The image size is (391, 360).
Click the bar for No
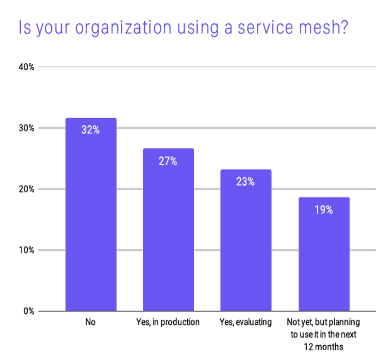click(x=91, y=215)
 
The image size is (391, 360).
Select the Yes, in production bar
click(x=168, y=230)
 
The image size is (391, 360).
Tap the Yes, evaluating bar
click(x=246, y=240)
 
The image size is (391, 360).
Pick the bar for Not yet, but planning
click(x=324, y=254)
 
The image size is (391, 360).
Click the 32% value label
click(x=90, y=130)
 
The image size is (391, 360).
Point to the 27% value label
click(x=168, y=161)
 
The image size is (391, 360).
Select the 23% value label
click(x=245, y=181)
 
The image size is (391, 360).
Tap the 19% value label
click(x=324, y=210)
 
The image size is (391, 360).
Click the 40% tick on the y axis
click(x=26, y=67)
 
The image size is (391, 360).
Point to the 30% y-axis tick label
click(x=26, y=128)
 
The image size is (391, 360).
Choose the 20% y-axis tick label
click(x=26, y=189)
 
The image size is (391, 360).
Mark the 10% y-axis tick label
click(x=26, y=250)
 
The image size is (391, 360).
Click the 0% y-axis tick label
click(x=29, y=311)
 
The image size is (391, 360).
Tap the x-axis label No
click(x=90, y=322)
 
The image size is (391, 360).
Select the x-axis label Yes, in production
click(x=168, y=322)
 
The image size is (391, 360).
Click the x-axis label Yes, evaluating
click(x=246, y=322)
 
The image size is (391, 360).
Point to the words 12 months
click(x=324, y=347)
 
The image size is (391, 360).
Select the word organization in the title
click(x=124, y=28)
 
